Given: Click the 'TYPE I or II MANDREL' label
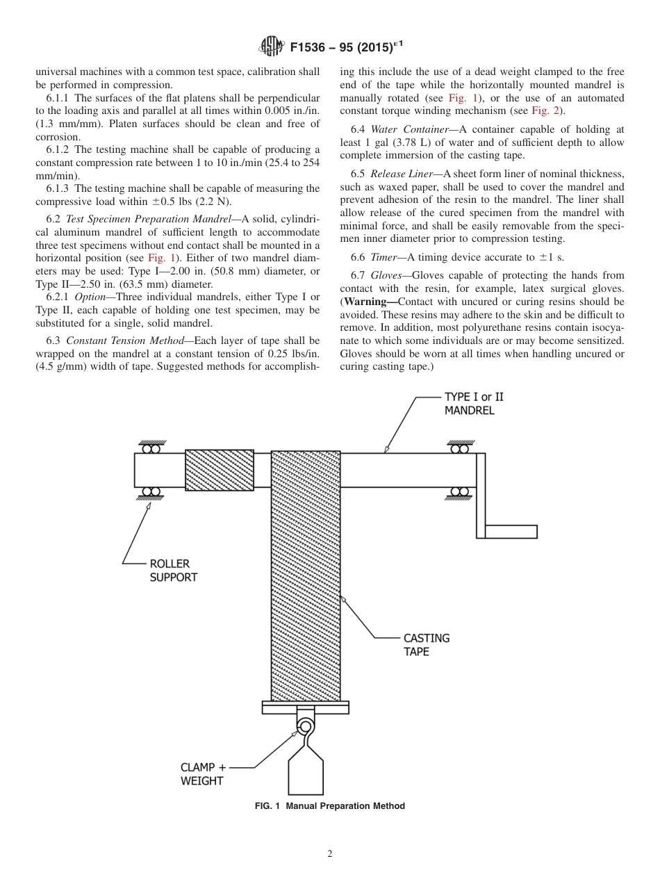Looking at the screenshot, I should point(474,403).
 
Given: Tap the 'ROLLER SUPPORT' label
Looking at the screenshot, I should point(173,571).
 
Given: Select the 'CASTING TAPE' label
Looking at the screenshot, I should point(427,644).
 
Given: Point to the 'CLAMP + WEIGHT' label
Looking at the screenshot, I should point(203,774).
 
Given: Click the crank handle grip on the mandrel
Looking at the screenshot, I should point(511,532).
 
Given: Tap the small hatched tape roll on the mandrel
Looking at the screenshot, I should point(219,470).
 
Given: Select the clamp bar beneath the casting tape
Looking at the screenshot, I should point(305,707).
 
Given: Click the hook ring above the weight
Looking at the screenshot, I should point(304,727).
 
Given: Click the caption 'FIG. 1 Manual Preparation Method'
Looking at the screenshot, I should point(329,806).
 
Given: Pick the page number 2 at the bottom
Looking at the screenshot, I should point(330,854).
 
